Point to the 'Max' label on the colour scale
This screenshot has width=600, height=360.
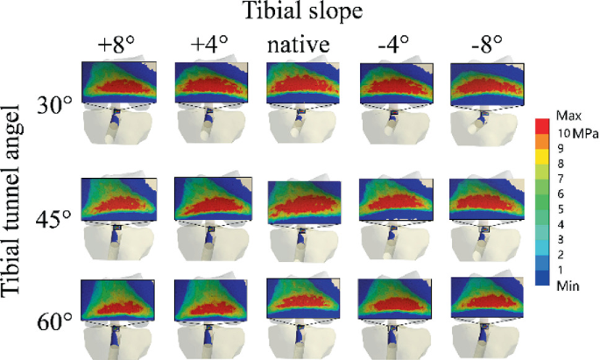[x=566, y=116]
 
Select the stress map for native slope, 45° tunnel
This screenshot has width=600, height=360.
[x=301, y=200]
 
